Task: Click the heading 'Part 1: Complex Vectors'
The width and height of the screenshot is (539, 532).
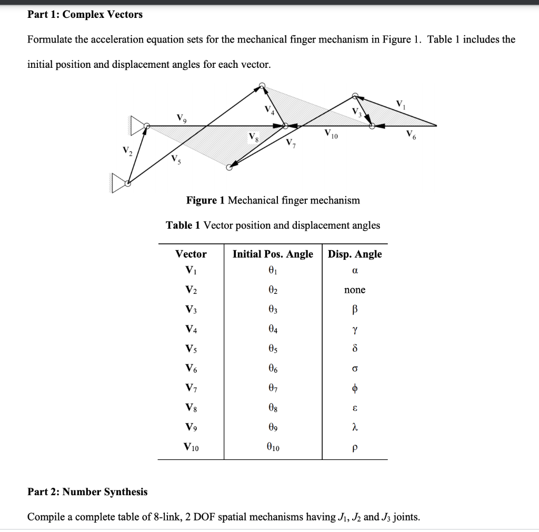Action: pyautogui.click(x=85, y=15)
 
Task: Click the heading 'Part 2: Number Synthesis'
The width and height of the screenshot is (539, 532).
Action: pyautogui.click(x=87, y=492)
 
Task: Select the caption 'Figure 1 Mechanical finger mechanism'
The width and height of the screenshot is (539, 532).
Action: pyautogui.click(x=273, y=200)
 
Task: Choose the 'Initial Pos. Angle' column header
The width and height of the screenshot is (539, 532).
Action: pyautogui.click(x=273, y=254)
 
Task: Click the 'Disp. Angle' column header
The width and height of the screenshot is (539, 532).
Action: pyautogui.click(x=355, y=254)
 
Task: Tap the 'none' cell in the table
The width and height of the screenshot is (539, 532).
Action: pyautogui.click(x=354, y=290)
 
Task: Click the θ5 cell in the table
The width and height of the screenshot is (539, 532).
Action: pyautogui.click(x=273, y=349)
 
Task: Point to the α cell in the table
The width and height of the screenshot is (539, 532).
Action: pyautogui.click(x=354, y=271)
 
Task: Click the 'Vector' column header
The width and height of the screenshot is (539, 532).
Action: pyautogui.click(x=191, y=254)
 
